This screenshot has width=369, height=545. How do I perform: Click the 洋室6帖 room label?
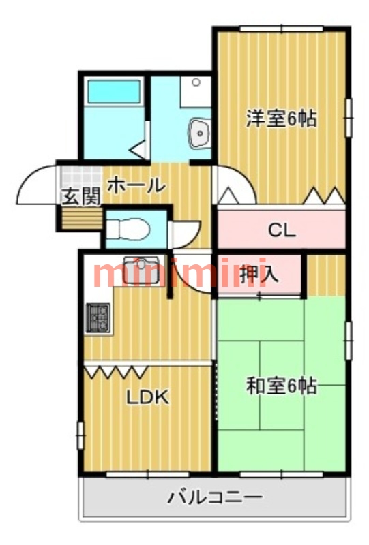click(281, 119)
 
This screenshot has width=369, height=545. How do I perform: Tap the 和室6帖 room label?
click(281, 386)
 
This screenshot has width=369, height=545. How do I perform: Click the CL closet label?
click(281, 230)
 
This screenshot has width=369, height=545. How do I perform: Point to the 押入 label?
click(261, 274)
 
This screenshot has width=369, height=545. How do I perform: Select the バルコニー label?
click(215, 497)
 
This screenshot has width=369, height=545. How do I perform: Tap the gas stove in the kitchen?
click(98, 317)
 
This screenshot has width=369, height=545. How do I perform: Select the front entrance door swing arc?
click(35, 184)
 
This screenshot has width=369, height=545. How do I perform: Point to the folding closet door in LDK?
click(116, 371)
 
